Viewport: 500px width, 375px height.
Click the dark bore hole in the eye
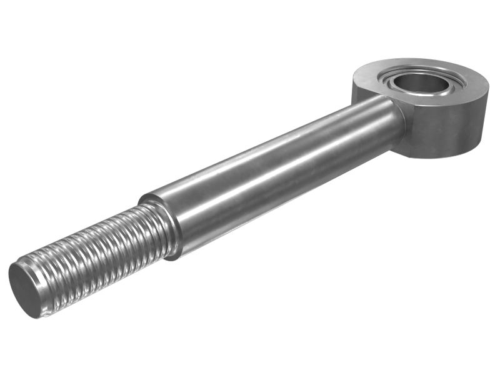click(420, 81)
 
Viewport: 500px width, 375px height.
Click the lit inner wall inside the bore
click(431, 87)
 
